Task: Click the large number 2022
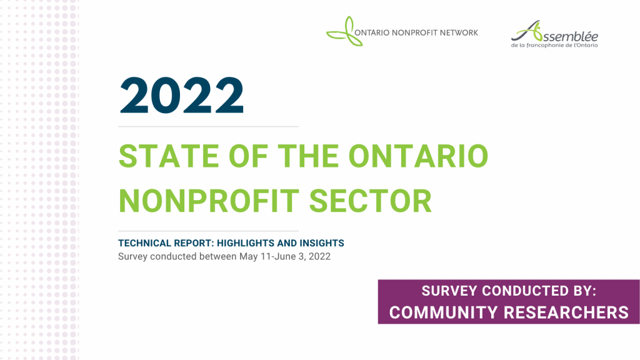coord(182,95)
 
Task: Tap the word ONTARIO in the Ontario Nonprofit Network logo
coord(372,33)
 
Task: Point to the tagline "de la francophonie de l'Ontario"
coord(554,45)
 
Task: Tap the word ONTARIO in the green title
coord(418,156)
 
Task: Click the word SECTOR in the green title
coord(370,201)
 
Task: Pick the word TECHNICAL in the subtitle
coord(144,243)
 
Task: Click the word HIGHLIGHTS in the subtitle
coord(245,243)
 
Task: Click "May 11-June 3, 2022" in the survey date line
coord(285,257)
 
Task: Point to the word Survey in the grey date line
coord(132,257)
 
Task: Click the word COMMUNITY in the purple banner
coord(444,312)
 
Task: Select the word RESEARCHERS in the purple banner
coord(566,312)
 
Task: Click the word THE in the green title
coord(308,156)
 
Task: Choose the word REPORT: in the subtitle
coord(194,243)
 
